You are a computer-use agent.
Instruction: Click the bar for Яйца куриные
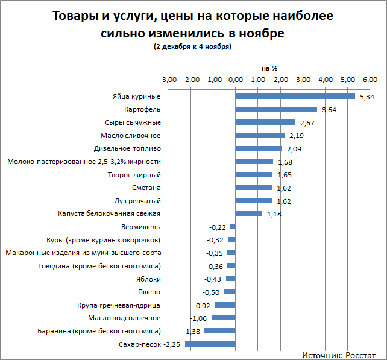(295, 96)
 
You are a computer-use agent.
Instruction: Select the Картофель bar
(276, 109)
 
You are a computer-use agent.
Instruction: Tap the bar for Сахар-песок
(210, 344)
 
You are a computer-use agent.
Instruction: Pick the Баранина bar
(220, 331)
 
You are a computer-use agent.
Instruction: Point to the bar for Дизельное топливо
(259, 148)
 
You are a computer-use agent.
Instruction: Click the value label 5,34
(367, 97)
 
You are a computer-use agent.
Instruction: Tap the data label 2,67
(307, 123)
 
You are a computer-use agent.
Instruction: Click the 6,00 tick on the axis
(370, 80)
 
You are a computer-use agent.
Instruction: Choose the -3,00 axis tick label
(168, 80)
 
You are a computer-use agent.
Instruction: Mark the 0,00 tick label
(236, 80)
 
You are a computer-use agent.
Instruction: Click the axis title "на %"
(269, 68)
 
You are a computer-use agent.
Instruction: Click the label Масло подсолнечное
(124, 318)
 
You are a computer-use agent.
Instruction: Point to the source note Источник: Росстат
(338, 355)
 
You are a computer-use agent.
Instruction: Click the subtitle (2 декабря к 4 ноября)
(193, 46)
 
